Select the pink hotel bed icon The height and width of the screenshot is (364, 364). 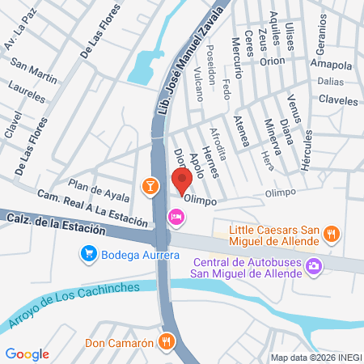[x=175, y=217]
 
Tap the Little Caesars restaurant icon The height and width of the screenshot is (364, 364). [x=330, y=235]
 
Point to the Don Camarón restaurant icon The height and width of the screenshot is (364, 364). [x=167, y=341]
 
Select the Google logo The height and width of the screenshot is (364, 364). [x=27, y=353]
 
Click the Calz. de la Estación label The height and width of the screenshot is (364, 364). [x=55, y=224]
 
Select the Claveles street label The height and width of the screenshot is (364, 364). [x=337, y=101]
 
